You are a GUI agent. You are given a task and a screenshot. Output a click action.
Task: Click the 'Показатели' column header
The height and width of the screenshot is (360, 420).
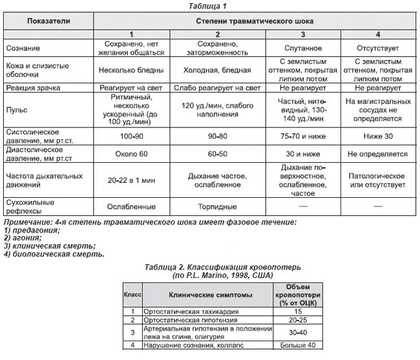pyautogui.click(x=49, y=21)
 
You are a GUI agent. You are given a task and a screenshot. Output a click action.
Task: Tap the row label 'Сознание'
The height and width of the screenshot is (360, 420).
pyautogui.click(x=23, y=48)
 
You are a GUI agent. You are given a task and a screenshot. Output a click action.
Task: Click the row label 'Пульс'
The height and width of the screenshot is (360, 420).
pyautogui.click(x=16, y=110)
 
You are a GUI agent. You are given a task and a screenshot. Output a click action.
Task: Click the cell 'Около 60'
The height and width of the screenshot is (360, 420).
pyautogui.click(x=132, y=154)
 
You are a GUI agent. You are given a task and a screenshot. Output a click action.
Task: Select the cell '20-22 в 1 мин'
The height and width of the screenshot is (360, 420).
pyautogui.click(x=132, y=180)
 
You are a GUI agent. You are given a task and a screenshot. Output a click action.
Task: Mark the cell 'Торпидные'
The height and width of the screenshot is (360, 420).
pyautogui.click(x=218, y=207)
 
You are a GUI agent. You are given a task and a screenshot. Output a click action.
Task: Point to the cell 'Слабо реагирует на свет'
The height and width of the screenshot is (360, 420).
pyautogui.click(x=218, y=85)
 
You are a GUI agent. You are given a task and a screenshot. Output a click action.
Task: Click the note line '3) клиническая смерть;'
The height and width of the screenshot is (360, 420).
pyautogui.click(x=49, y=246)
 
